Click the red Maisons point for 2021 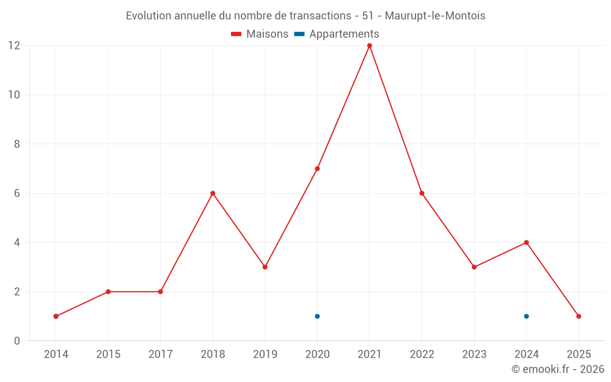(x=370, y=46)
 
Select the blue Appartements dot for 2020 (x=317, y=316)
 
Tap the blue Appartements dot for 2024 (x=526, y=316)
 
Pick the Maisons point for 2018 (x=213, y=193)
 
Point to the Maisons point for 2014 (x=56, y=316)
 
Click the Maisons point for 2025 (x=579, y=316)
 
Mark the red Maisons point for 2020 (x=317, y=169)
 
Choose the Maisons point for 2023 (x=474, y=267)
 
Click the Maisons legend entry (x=260, y=34)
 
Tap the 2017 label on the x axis (x=160, y=354)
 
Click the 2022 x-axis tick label (x=422, y=354)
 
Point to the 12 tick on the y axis (x=14, y=46)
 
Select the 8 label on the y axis (x=17, y=144)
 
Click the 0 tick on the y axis (x=17, y=340)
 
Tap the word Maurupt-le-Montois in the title (x=435, y=16)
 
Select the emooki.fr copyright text (x=557, y=369)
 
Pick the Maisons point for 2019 (x=265, y=267)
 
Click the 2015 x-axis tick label (x=108, y=354)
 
